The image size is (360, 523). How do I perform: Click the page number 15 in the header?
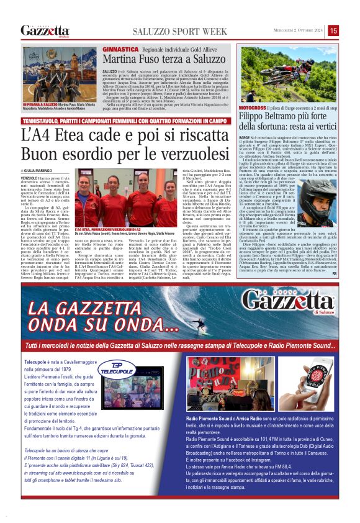[333, 30]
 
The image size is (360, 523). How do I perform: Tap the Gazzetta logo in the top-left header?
[45, 30]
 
